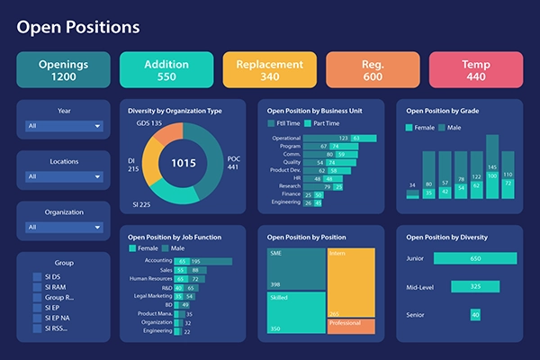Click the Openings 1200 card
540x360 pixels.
tap(63, 70)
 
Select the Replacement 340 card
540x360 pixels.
tap(270, 70)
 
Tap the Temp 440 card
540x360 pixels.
tap(476, 70)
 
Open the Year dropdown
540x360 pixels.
tap(64, 126)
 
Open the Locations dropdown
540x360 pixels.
tap(64, 176)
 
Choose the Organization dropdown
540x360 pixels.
tap(64, 228)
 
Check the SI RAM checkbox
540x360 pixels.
tap(37, 287)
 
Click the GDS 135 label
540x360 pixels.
tap(149, 123)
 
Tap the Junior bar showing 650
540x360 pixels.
tap(473, 259)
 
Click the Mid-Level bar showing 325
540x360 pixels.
tap(473, 287)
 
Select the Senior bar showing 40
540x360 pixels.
tap(475, 314)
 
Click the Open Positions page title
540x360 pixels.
tap(78, 27)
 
